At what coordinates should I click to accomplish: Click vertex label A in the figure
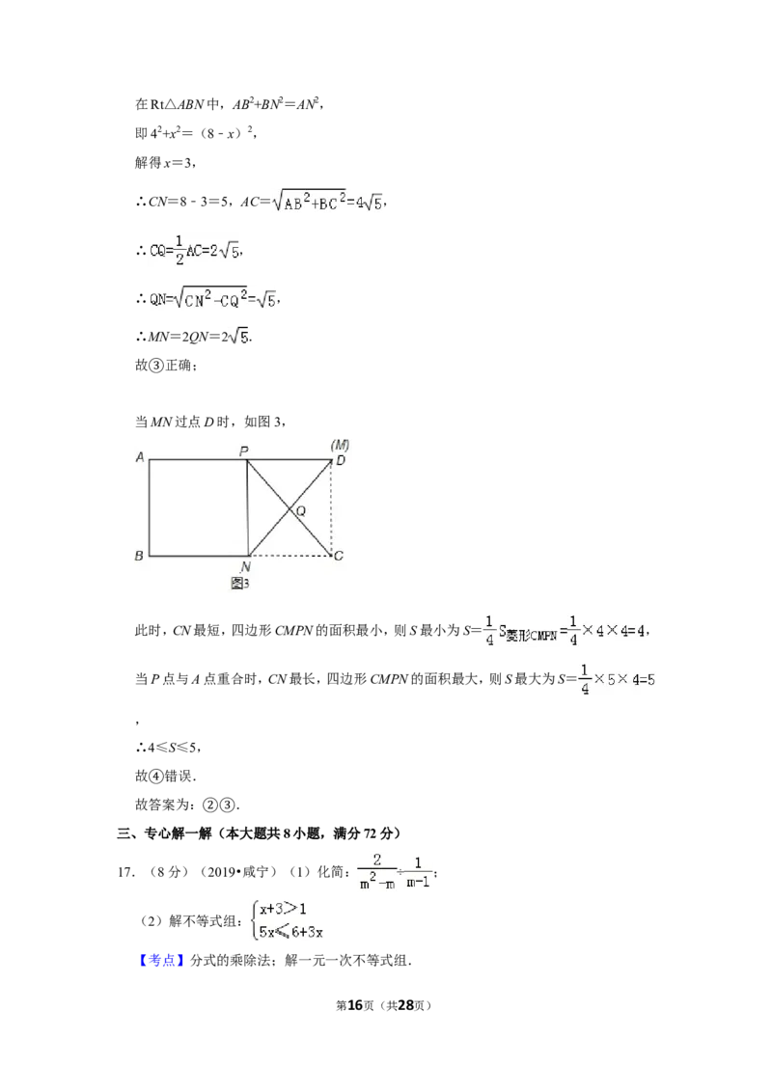[140, 457]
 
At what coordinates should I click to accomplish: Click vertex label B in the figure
[139, 555]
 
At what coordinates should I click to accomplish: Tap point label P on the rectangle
[244, 451]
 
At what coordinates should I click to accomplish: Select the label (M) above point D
[340, 445]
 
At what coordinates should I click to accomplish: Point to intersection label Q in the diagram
[301, 511]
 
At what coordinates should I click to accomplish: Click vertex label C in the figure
[339, 555]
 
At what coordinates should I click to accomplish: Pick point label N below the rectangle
[245, 567]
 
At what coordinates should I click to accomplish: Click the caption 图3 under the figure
[239, 583]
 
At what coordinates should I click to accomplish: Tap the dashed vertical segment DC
[332, 507]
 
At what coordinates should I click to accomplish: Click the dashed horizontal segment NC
[289, 556]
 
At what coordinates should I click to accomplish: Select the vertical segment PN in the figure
[247, 507]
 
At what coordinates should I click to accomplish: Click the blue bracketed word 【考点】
[162, 961]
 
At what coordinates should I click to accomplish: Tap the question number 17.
[125, 872]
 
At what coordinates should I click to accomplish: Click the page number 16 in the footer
[355, 1005]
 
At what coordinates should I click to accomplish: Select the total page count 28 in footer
[405, 1005]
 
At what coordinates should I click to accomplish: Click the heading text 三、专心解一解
[164, 833]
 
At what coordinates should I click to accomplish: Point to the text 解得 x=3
[165, 162]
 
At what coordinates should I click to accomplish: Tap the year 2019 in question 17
[223, 872]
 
